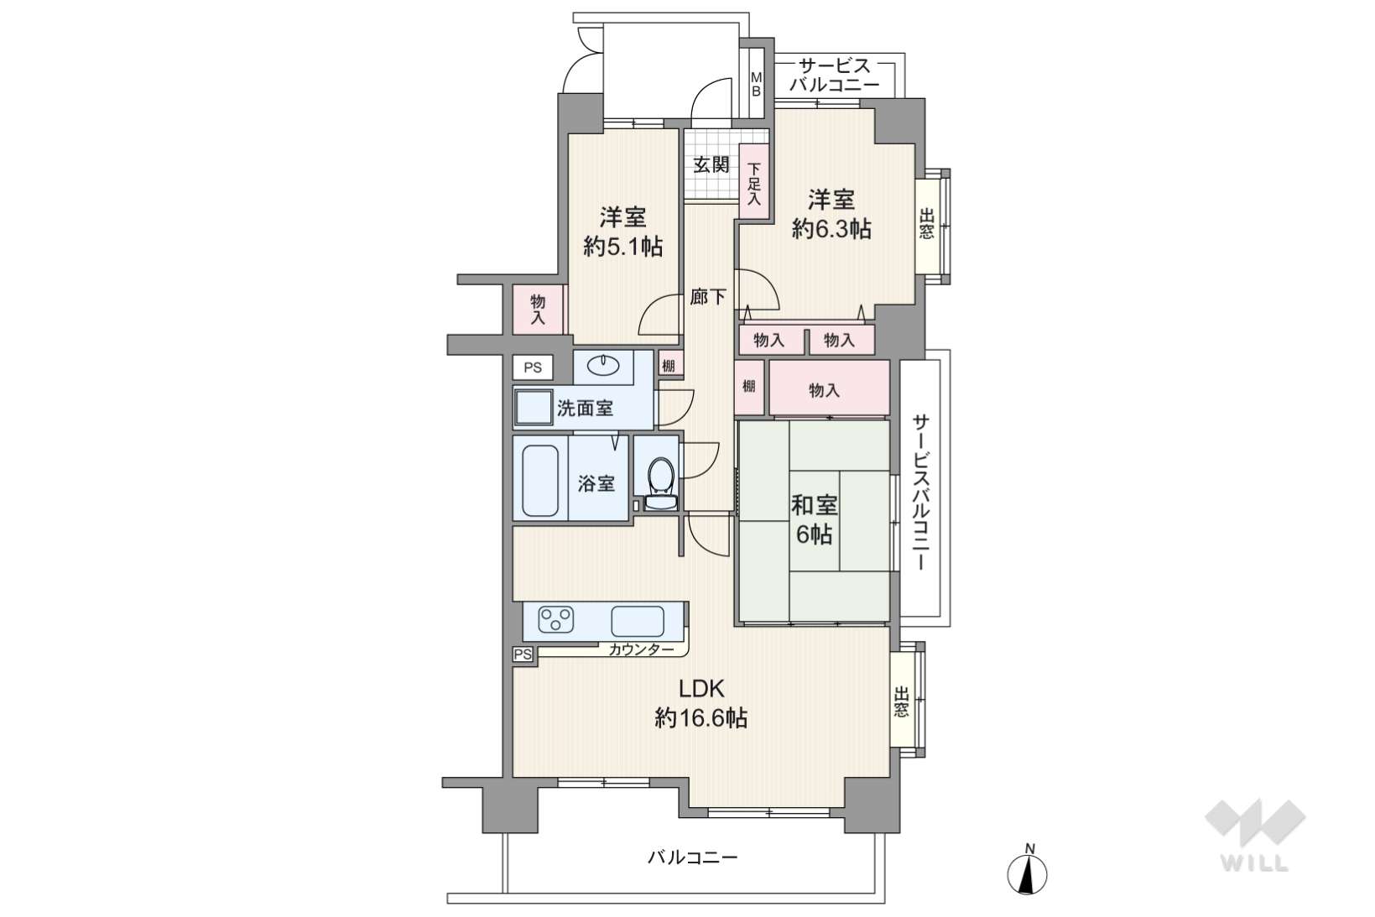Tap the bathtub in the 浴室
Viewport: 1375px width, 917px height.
(540, 480)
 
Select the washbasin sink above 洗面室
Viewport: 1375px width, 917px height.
(603, 366)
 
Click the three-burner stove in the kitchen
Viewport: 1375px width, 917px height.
(555, 619)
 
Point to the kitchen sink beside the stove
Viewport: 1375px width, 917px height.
(638, 621)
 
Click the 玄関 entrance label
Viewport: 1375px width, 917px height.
(711, 164)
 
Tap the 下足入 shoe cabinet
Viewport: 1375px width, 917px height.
(754, 182)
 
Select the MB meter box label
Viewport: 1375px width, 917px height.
(756, 85)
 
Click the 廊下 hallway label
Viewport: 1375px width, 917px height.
(708, 297)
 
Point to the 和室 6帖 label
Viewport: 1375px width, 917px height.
(815, 520)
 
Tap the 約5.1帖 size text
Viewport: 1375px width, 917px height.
(622, 247)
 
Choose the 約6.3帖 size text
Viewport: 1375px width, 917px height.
(831, 229)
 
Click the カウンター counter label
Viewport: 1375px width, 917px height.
(641, 650)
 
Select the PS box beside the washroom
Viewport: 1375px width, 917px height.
(533, 367)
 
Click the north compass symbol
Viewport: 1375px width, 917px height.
(1027, 873)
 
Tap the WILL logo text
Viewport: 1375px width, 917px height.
(1254, 863)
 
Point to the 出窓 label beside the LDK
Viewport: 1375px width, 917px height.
(901, 702)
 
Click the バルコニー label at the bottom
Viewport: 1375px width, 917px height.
(692, 857)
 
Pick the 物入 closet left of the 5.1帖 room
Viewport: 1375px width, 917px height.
(538, 310)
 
